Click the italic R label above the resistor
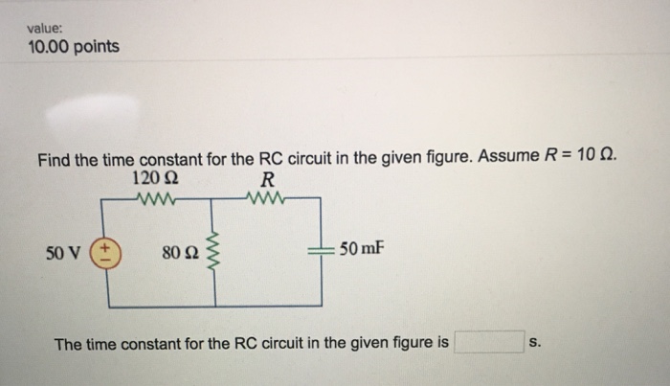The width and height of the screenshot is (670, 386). point(266,179)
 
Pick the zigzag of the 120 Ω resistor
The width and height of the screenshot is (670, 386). point(153,201)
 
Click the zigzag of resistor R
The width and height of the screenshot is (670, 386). point(263,201)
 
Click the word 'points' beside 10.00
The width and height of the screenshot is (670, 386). point(99,46)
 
